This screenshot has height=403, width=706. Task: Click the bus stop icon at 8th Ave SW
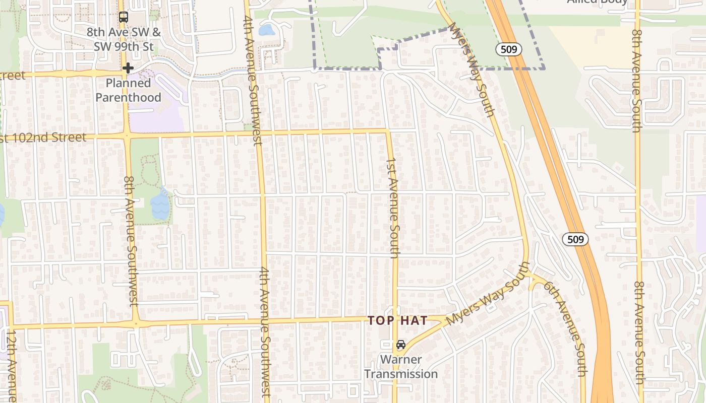coord(124,17)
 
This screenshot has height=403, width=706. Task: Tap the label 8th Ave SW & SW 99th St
coord(124,39)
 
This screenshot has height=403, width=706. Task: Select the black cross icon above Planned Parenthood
coord(128,68)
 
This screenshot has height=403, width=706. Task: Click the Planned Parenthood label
coord(128,90)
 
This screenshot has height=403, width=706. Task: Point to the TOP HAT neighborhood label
coord(397,320)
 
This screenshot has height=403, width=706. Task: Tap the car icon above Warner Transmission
coord(400,345)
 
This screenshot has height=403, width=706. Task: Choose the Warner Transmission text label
coord(401,367)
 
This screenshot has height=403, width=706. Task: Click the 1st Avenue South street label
coord(393,208)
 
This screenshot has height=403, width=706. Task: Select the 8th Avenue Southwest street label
coord(131,241)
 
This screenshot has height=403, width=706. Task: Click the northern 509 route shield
coord(508,49)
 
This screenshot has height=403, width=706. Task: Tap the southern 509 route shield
coord(575,239)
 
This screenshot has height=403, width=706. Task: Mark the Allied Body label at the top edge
coord(597,2)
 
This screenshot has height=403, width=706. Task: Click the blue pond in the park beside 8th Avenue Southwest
coord(160,204)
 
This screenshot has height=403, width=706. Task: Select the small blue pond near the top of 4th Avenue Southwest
coord(266,30)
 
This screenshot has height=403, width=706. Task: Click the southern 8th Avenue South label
coord(639,332)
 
